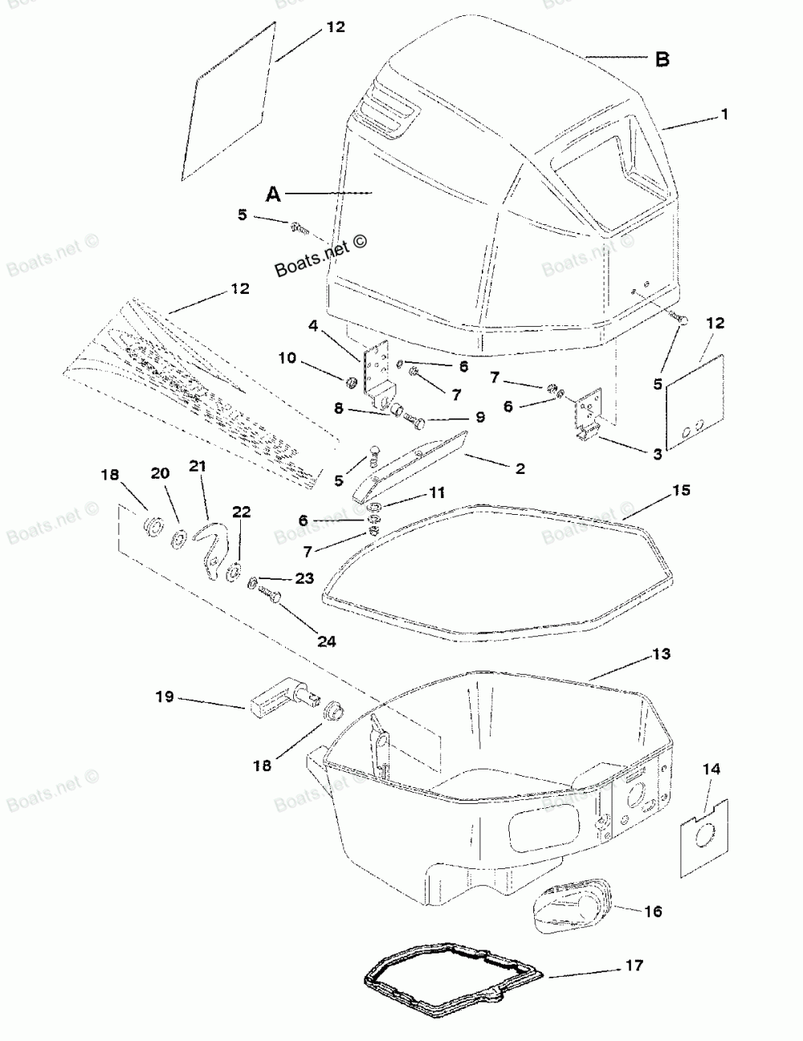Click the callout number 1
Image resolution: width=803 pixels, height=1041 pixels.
click(x=724, y=115)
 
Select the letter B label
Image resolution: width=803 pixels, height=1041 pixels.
click(x=662, y=59)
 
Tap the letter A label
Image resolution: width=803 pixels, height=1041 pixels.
click(x=274, y=194)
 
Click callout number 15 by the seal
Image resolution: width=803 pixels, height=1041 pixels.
click(x=680, y=490)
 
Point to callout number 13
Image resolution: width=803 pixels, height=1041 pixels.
click(x=661, y=654)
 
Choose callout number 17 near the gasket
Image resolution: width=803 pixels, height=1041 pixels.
click(x=634, y=965)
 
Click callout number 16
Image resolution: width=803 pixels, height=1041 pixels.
click(x=653, y=912)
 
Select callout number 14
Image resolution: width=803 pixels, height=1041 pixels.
click(x=711, y=770)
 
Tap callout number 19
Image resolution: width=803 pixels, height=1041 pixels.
click(x=165, y=697)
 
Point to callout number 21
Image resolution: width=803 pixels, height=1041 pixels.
click(x=198, y=466)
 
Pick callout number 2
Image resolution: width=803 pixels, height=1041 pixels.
click(x=520, y=468)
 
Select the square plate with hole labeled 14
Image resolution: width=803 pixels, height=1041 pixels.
click(x=703, y=835)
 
